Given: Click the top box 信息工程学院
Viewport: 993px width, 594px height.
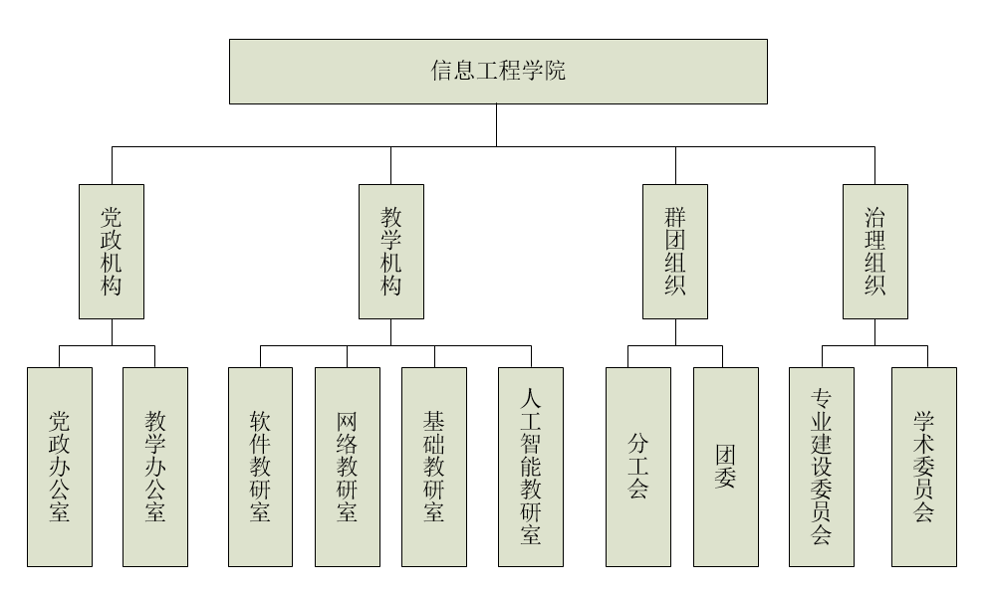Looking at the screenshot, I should click(498, 72).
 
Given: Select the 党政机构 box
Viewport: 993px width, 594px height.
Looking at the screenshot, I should click(112, 251).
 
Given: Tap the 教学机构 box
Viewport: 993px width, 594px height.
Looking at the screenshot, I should click(390, 251).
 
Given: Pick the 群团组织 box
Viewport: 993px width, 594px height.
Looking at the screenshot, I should click(675, 251).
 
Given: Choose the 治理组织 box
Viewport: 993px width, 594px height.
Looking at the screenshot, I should click(874, 251).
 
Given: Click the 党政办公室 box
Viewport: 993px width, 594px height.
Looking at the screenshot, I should click(60, 467).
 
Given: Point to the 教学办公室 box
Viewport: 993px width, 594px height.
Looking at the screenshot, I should click(154, 467).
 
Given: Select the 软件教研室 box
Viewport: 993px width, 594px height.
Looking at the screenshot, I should click(260, 467).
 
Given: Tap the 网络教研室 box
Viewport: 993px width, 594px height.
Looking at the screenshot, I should click(347, 467).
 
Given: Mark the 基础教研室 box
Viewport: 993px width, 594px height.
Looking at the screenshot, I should click(434, 467).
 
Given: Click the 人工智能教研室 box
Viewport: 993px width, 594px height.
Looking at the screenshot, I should click(531, 467).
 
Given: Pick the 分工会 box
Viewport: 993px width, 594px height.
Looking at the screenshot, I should click(638, 467).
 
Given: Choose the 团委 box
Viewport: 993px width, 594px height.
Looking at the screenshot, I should click(725, 467).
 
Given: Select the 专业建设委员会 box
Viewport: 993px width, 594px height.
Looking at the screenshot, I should click(822, 467).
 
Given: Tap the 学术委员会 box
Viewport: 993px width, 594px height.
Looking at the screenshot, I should click(923, 467).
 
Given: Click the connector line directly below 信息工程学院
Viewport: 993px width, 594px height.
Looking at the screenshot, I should click(496, 125).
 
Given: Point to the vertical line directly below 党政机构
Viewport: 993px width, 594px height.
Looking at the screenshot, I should click(112, 332).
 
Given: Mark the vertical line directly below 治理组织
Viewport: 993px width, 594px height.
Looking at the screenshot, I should click(874, 332).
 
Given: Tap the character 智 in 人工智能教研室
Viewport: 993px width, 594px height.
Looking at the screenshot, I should click(531, 444).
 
